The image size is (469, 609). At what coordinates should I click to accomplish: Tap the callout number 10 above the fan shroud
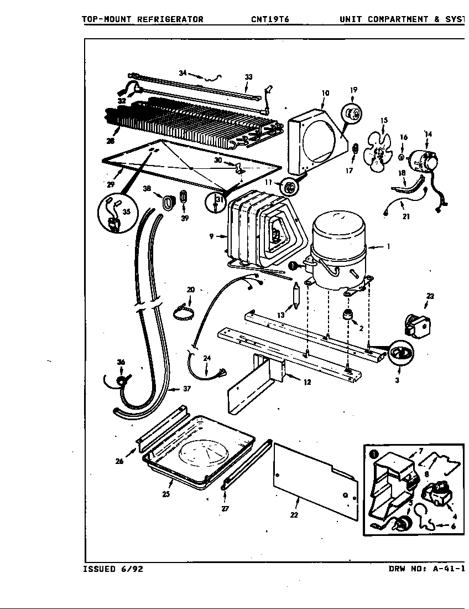click(325, 93)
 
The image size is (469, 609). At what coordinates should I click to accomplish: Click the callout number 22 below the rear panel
click(294, 515)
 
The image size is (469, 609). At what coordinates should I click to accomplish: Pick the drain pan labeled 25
click(199, 454)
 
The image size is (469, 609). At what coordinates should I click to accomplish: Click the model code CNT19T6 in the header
click(269, 19)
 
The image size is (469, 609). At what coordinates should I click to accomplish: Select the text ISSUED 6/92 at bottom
click(113, 569)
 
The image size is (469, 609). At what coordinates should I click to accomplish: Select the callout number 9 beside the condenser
click(211, 236)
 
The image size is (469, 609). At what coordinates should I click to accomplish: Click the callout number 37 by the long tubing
click(186, 389)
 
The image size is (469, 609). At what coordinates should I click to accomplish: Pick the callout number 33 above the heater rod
click(248, 77)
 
